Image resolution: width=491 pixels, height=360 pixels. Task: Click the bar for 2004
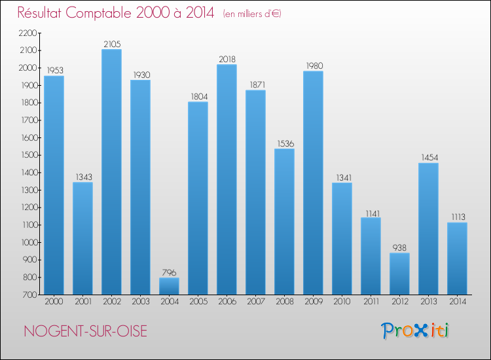tap(169, 286)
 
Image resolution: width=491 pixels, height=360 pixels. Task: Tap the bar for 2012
tap(399, 274)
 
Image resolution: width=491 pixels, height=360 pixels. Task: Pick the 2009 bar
tap(313, 183)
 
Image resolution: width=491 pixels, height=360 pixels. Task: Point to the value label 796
tap(169, 272)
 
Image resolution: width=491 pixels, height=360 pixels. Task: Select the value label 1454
tap(428, 158)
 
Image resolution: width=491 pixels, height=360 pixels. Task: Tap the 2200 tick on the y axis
tap(29, 33)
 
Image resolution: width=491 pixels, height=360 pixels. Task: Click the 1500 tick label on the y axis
tap(29, 155)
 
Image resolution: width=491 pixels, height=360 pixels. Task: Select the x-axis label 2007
tap(255, 302)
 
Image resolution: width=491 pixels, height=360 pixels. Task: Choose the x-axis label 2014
tap(457, 302)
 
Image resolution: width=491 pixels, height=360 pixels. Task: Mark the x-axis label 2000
tap(54, 302)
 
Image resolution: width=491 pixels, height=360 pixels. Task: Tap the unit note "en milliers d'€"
tap(252, 14)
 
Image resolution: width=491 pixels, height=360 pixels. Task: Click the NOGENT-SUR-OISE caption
tap(85, 331)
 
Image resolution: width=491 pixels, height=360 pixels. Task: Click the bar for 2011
tap(371, 256)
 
